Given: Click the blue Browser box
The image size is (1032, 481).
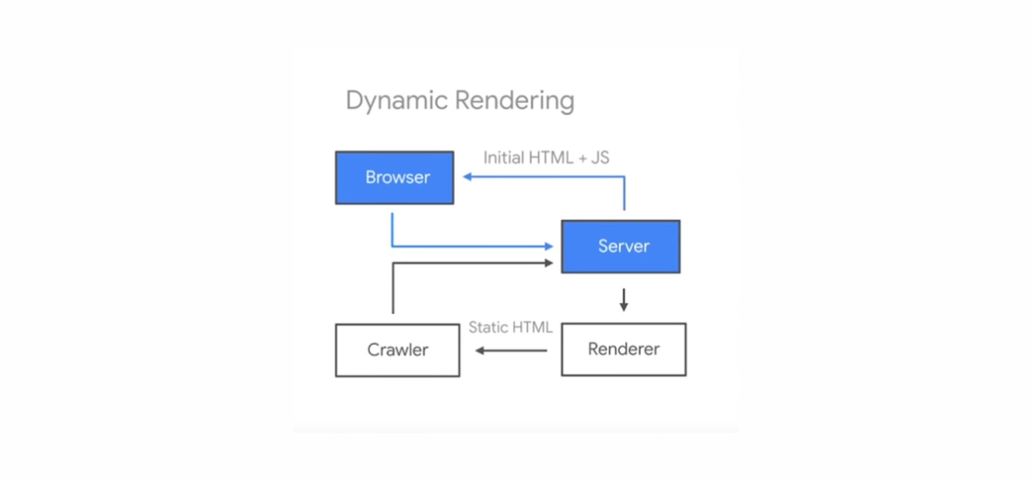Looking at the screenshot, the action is click(x=394, y=178).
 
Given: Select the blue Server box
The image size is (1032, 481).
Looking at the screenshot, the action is click(x=621, y=247).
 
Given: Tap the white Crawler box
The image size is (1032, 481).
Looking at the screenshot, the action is click(x=398, y=350).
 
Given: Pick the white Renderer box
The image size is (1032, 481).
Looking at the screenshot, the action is click(x=624, y=349).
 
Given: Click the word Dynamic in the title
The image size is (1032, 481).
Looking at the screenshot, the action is click(x=397, y=101).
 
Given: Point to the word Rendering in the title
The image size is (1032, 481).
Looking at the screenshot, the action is click(x=515, y=101).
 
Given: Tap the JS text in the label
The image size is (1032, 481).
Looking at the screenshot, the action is click(x=600, y=158).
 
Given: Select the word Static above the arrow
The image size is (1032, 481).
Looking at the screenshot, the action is click(x=488, y=327).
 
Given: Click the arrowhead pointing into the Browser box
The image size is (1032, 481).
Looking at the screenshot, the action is click(x=467, y=177).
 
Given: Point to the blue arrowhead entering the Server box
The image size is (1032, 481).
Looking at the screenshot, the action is click(x=549, y=246).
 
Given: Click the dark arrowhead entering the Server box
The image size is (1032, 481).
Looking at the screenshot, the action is click(x=549, y=263).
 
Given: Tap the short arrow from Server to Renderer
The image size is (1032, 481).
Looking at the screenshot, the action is click(x=623, y=300).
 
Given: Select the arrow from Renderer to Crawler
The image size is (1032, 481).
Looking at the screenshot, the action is click(x=511, y=350).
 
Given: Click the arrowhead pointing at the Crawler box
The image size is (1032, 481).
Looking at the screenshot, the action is click(x=480, y=350).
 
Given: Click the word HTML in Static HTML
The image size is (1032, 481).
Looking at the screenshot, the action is click(x=532, y=327).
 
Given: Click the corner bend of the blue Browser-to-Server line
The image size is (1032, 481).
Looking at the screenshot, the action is click(x=392, y=246).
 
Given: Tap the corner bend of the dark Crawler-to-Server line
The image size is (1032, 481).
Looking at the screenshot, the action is click(x=393, y=263).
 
